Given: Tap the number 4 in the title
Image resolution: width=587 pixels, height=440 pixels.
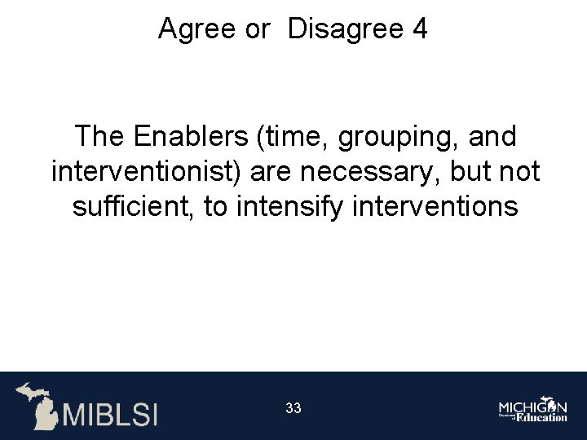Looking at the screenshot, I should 420,29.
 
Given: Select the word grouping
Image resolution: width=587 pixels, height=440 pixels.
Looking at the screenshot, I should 397,138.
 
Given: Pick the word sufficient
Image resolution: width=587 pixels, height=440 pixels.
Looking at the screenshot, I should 133,206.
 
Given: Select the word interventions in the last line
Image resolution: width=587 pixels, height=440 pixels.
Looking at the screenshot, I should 435,206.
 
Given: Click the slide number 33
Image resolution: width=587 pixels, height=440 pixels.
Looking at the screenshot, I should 293,408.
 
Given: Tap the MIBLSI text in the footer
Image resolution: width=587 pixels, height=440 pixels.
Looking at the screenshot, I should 110,413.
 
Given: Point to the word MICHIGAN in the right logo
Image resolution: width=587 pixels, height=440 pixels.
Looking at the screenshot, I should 532,405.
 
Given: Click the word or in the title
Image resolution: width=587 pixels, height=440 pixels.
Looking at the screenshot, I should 257,29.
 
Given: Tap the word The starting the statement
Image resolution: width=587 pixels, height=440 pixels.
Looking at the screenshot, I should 99,136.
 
